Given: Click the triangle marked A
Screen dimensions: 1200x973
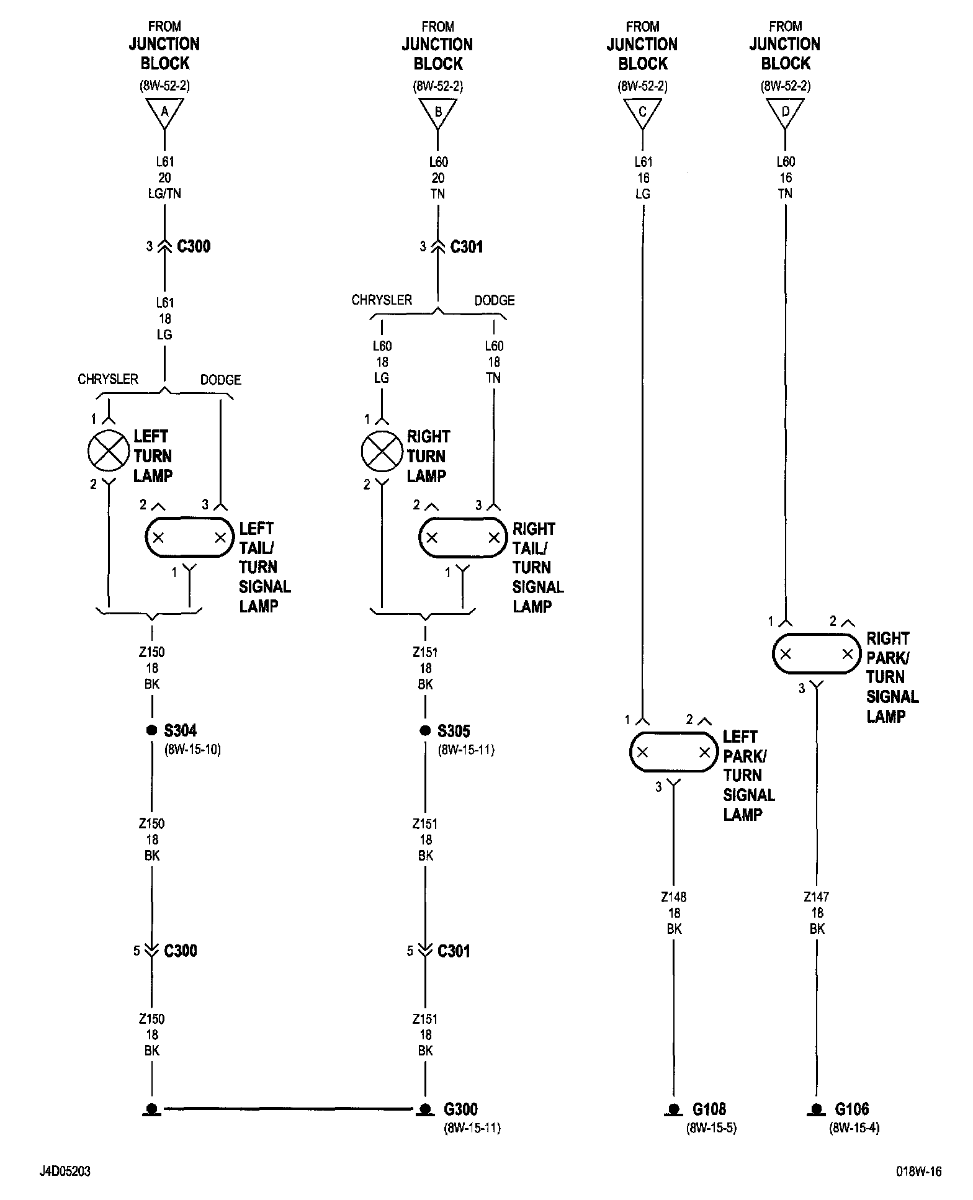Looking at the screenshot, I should [164, 112].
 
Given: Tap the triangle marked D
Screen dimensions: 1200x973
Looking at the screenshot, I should [786, 112].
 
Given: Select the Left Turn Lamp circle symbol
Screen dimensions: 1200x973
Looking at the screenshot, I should [109, 451].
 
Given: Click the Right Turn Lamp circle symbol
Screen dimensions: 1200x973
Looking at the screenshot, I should [382, 451].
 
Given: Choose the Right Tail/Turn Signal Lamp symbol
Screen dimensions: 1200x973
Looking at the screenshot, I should [462, 537].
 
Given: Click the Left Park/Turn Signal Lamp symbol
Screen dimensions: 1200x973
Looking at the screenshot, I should [673, 752].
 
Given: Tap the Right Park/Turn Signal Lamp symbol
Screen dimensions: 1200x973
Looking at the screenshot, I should [816, 653].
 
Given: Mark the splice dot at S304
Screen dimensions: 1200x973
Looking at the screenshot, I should [151, 730].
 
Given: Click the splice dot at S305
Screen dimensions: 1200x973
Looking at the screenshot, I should [425, 730].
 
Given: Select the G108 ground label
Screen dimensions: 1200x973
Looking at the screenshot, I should [709, 1109].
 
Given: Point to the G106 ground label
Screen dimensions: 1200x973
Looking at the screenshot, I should [851, 1109].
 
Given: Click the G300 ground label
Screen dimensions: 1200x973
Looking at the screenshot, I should [460, 1109].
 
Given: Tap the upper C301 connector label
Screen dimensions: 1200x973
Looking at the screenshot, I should [466, 247].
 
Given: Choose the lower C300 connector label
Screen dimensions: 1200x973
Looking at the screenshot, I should [181, 951].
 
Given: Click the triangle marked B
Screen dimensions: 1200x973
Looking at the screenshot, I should [438, 112].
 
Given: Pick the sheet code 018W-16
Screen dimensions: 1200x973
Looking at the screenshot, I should [918, 1171].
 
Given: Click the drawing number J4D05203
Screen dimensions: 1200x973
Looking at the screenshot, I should [65, 1171].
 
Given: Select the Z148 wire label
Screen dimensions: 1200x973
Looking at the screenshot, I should [674, 897].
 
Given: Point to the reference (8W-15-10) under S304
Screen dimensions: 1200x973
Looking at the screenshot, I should [193, 750].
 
